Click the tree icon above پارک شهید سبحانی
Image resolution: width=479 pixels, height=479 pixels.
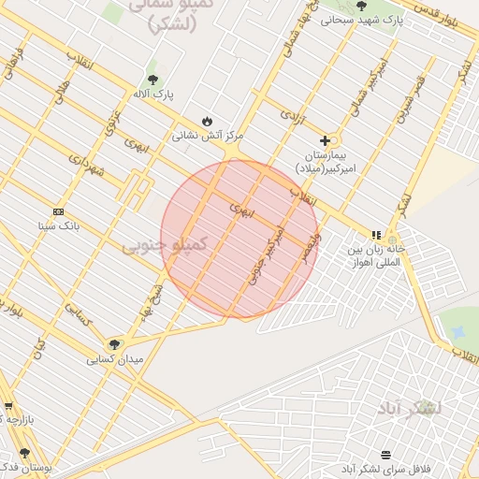pos(361,6)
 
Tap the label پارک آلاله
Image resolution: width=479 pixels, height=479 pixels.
pos(153,94)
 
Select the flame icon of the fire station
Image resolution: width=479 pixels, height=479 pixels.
pos(207,121)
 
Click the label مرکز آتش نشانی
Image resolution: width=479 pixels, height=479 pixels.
pos(207,136)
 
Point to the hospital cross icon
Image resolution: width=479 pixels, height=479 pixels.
pos(325,140)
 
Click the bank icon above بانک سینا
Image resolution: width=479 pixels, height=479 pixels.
pos(59,211)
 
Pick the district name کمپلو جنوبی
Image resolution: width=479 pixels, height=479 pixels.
pos(164,245)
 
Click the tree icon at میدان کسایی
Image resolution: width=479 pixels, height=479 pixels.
pos(115,344)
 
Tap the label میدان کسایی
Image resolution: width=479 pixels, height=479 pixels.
pos(115,359)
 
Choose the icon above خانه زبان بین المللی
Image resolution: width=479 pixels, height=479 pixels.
pos(376,236)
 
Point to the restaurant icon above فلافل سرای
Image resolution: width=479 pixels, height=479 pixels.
pos(385,455)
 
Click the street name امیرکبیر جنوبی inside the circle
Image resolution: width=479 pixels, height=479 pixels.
pos(266,254)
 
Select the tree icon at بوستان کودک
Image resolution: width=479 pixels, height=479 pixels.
pos(25,453)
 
